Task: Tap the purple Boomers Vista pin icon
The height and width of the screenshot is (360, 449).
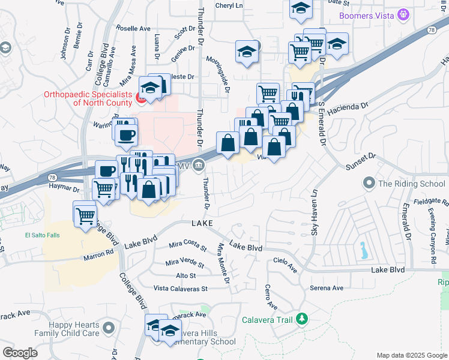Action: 403,13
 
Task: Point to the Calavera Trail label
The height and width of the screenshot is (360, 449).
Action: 267,320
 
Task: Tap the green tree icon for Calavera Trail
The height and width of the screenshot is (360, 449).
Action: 303,319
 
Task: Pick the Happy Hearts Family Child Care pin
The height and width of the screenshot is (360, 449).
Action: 109,328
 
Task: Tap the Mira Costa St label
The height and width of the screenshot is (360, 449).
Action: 187,245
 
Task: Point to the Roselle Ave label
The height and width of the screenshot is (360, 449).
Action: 133,28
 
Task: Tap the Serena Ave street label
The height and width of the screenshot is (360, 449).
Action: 327,288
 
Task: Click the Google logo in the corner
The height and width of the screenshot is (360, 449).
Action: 20,353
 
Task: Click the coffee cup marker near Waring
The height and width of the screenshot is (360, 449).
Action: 125,134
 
